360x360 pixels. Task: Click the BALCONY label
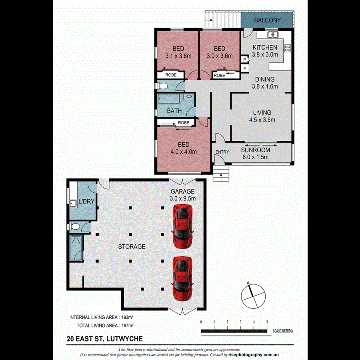(x=268, y=20)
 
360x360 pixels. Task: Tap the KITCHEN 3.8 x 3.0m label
(x=264, y=51)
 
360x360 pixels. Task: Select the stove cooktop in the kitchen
(x=287, y=48)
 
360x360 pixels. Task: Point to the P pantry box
(x=244, y=60)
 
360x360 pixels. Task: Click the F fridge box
(x=244, y=68)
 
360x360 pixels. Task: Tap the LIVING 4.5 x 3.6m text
(x=262, y=116)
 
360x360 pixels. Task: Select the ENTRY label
(x=222, y=152)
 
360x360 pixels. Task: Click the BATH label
(x=174, y=111)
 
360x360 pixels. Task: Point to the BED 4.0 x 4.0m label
(x=184, y=148)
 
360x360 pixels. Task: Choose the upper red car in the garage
(x=182, y=226)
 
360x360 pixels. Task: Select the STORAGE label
(x=132, y=247)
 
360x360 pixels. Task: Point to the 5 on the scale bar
(x=267, y=322)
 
